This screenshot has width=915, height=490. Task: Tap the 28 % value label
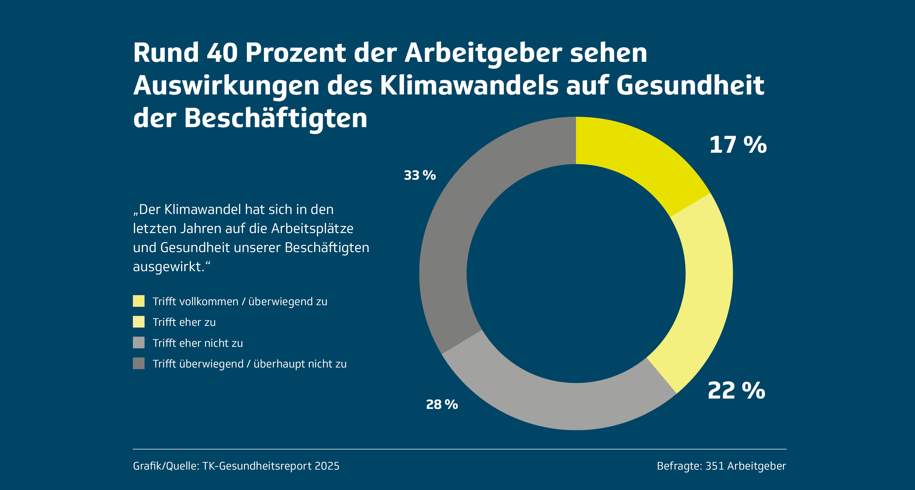coord(442,405)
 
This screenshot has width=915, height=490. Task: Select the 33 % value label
coord(419,175)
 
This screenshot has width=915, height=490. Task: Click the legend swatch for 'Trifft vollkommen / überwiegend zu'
coord(139,301)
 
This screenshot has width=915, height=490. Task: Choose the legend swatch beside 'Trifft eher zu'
coord(139,322)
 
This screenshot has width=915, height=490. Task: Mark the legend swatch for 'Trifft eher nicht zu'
coord(139,343)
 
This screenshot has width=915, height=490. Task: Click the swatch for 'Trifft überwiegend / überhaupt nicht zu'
coord(139,363)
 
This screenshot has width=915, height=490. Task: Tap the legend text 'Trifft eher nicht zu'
coord(197,343)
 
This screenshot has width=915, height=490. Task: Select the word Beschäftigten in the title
coord(276,118)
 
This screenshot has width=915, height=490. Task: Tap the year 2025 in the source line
coord(327,466)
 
